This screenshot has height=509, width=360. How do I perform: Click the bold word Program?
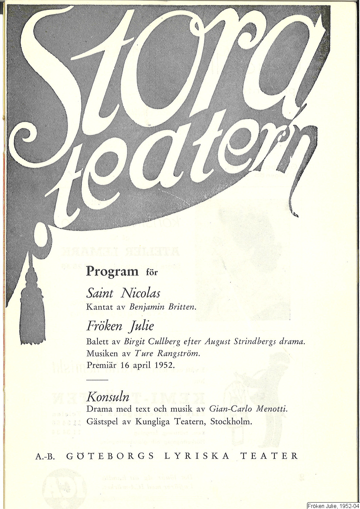[112, 271]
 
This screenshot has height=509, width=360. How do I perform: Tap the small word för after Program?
[152, 272]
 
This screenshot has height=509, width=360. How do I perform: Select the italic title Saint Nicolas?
[123, 293]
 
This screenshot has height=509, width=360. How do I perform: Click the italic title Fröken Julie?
[120, 326]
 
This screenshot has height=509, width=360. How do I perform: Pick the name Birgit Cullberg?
[152, 342]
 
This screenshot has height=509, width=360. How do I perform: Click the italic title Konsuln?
[108, 397]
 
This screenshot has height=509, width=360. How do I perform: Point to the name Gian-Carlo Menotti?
[249, 409]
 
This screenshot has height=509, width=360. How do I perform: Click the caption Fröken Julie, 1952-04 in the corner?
[332, 506]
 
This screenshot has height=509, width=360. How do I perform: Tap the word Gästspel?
[101, 422]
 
